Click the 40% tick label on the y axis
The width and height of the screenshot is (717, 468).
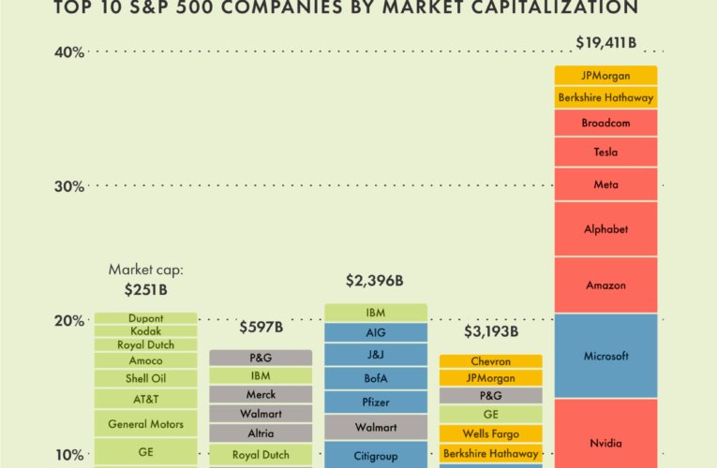[x=69, y=52]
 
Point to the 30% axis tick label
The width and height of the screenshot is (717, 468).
[x=69, y=186]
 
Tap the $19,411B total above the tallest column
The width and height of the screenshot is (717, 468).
[x=605, y=42]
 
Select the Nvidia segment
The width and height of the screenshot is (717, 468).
[x=605, y=443]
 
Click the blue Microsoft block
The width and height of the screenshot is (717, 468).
[x=605, y=356]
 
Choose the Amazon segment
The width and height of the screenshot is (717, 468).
[x=605, y=285]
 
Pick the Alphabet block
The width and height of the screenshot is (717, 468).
[x=605, y=228]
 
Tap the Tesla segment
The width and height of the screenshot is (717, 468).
[x=605, y=152]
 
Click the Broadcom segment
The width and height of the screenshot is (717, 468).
[x=605, y=123]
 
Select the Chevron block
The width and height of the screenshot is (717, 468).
[x=491, y=361]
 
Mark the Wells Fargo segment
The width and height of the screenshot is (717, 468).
[x=491, y=433]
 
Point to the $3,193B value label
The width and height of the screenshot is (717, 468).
[x=491, y=332]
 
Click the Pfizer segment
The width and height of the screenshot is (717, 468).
[x=376, y=402]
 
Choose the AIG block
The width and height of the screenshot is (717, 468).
[x=376, y=332]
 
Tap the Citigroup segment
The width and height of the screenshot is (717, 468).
[x=376, y=456]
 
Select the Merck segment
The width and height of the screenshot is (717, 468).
[x=261, y=394]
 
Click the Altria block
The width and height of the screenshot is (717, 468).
[x=261, y=432]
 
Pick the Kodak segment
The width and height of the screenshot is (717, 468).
[x=145, y=331]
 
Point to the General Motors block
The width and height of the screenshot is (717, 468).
[x=145, y=423]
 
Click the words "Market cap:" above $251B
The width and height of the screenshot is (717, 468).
[x=146, y=270]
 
